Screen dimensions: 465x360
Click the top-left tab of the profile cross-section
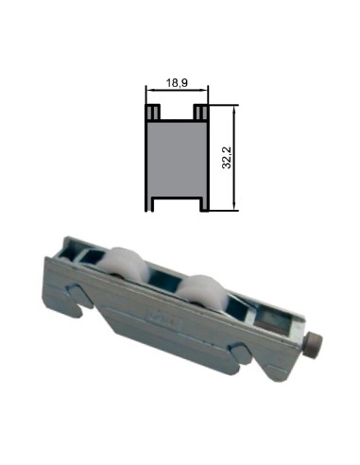[x=150, y=112]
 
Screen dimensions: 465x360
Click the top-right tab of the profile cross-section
[x=200, y=112]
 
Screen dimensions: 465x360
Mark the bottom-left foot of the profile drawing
[x=149, y=205]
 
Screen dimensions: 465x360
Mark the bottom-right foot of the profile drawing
[x=201, y=205]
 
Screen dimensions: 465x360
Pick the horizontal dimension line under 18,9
[x=176, y=93]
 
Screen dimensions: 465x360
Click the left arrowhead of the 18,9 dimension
[x=148, y=93]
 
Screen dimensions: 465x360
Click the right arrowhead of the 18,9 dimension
[x=204, y=93]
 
